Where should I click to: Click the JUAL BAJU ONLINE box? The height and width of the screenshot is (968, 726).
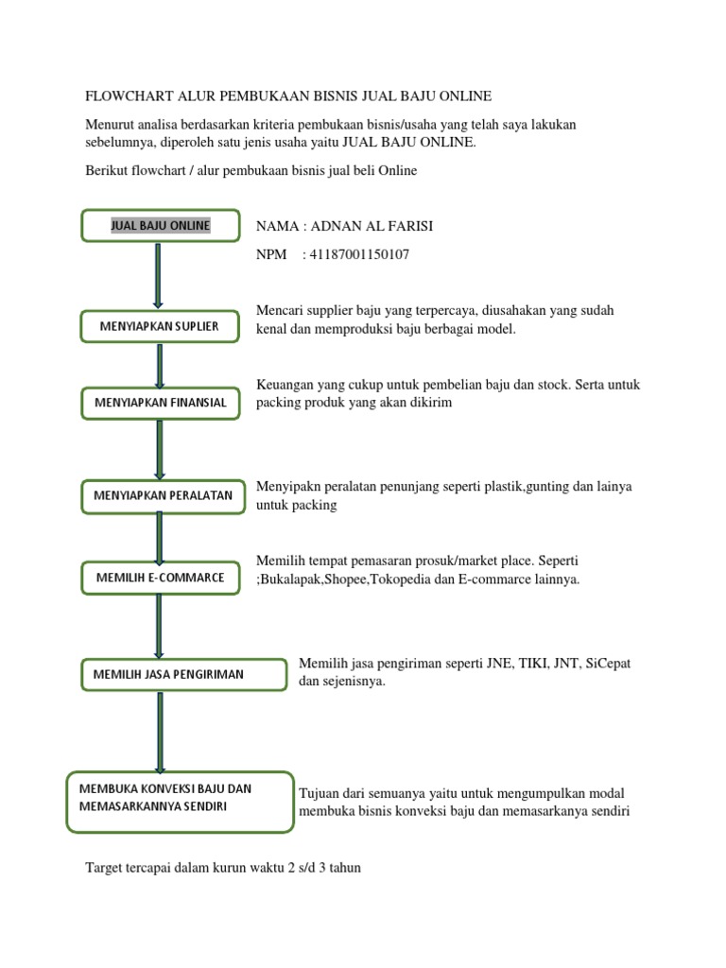tap(161, 226)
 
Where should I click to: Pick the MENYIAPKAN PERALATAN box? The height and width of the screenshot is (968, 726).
tap(163, 494)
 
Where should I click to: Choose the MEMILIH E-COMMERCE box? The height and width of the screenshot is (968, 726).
tap(160, 578)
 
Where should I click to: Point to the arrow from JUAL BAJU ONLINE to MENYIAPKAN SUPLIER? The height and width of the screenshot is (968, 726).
tap(157, 276)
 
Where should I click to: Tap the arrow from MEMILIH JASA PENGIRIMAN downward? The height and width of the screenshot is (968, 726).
tap(160, 730)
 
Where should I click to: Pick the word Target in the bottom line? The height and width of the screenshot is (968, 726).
tap(106, 867)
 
